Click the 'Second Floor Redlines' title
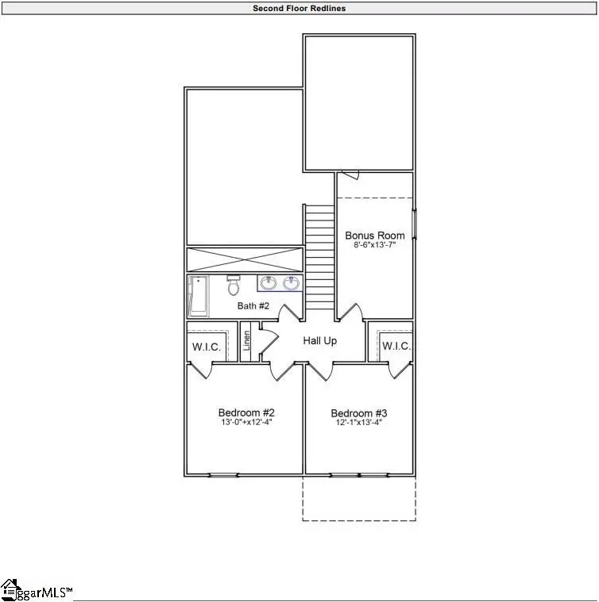click(x=299, y=9)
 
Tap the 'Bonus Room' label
click(x=374, y=236)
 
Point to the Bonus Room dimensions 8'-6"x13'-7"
click(x=374, y=246)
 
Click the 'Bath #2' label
click(x=253, y=305)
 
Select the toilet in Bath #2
click(x=233, y=284)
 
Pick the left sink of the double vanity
click(x=268, y=282)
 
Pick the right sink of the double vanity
click(x=292, y=282)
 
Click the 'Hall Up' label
click(x=320, y=340)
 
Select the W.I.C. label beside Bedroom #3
click(x=396, y=347)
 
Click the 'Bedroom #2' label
click(x=246, y=413)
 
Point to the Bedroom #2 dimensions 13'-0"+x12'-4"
click(x=246, y=424)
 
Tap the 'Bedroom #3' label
click(x=359, y=413)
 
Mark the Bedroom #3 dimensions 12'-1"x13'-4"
click(x=359, y=424)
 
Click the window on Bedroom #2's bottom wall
click(x=223, y=475)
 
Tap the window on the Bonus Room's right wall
click(x=413, y=223)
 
